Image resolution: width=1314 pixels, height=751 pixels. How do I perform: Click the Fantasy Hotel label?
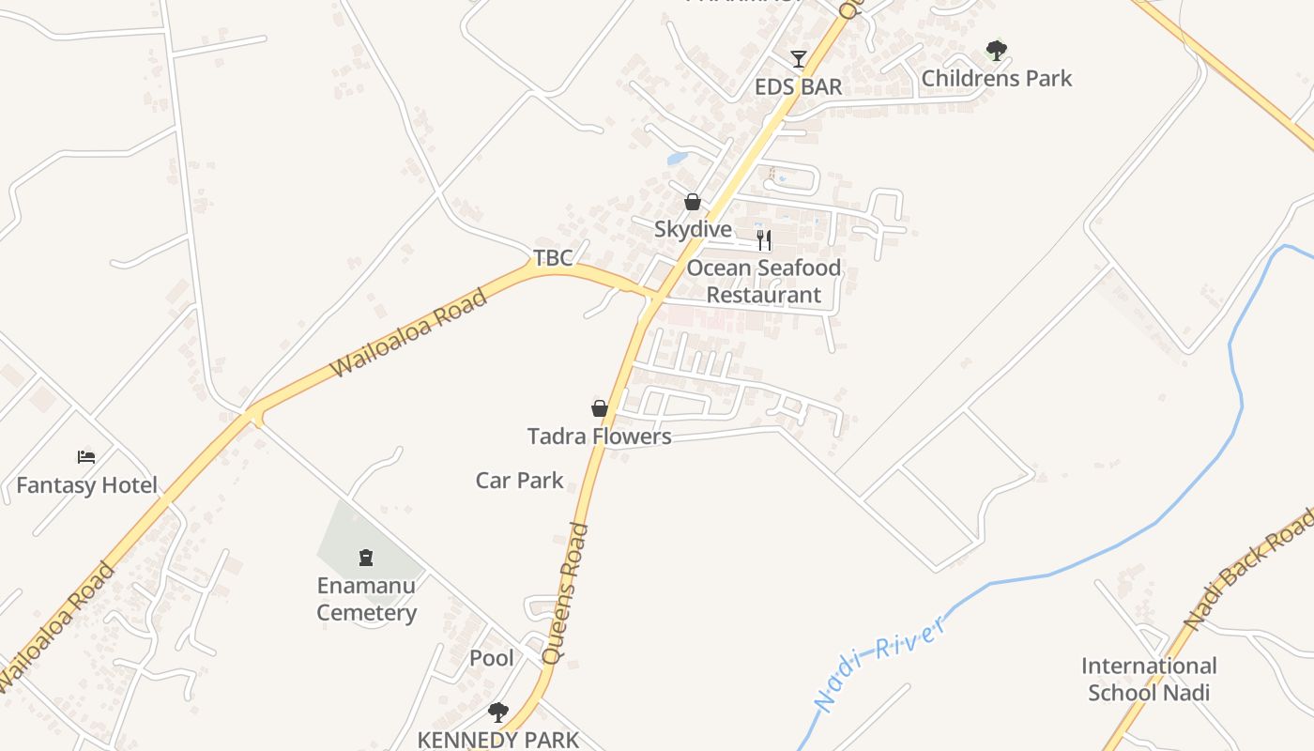point(87,485)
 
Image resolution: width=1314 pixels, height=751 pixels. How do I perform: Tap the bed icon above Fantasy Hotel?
point(86,457)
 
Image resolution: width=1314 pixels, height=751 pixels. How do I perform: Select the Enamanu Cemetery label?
point(366,599)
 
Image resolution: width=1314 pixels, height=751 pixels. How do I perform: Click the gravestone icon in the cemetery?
point(366,558)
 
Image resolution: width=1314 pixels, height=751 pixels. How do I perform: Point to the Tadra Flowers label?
point(599,437)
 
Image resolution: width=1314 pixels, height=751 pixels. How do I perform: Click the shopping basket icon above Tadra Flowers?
point(599,408)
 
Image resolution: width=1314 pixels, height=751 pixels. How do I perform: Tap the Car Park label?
point(519,481)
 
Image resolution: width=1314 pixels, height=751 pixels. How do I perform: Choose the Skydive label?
point(693,229)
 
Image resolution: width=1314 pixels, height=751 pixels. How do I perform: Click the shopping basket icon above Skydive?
point(693,202)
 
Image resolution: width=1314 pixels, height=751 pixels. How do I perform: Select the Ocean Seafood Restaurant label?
point(763,282)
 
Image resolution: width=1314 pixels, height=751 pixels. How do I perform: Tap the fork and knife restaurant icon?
point(764,240)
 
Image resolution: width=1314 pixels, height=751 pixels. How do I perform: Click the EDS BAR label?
point(799,87)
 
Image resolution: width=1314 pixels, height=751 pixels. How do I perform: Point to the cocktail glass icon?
point(799,59)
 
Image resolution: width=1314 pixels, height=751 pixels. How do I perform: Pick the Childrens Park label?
point(996,78)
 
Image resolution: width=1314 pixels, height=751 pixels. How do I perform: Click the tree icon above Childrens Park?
point(996,50)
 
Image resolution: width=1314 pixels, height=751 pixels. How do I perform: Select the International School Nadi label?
point(1149,680)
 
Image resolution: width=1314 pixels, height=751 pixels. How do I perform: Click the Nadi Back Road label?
point(1248,570)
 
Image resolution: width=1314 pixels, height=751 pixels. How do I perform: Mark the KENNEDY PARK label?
point(498,740)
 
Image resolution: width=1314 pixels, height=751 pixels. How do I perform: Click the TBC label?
point(553,258)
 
